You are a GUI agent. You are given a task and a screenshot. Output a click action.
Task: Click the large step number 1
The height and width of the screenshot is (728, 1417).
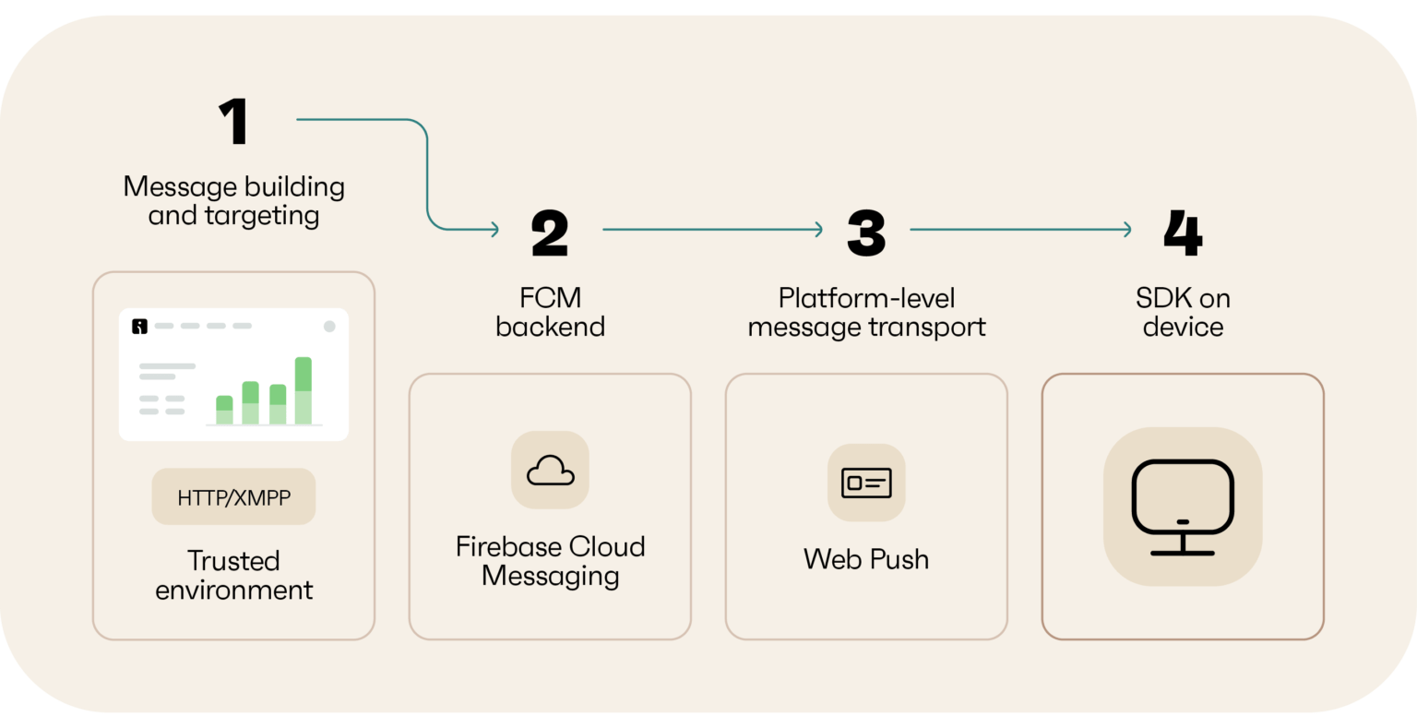pos(234,122)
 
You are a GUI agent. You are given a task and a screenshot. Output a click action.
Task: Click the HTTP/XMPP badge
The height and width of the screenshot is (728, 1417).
pos(233,497)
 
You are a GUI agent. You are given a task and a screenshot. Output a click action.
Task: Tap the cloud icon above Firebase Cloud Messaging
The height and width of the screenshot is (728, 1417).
pos(550,471)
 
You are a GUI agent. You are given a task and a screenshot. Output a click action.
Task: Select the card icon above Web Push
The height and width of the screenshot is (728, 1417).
pos(866,482)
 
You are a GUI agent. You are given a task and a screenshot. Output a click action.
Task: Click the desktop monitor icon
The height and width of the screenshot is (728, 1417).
pos(1183,507)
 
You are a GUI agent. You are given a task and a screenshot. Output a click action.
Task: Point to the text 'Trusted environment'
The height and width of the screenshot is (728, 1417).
pos(233,575)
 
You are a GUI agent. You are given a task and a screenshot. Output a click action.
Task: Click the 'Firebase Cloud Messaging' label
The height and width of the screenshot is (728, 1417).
pos(550,560)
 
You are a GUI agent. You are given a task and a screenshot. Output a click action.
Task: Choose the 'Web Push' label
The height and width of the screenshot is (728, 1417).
pos(866,559)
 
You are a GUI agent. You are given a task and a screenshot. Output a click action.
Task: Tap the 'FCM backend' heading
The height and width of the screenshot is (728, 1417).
pos(550,312)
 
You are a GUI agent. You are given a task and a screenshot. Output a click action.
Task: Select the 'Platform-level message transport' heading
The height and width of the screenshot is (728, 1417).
pos(866,312)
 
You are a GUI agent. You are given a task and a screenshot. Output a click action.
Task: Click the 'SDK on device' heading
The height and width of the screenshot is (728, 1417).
pos(1183,312)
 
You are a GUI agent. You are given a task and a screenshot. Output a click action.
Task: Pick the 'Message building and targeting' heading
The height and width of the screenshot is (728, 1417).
pos(233,200)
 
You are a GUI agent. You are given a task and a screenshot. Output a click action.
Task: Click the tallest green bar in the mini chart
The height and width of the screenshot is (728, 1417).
pos(303,390)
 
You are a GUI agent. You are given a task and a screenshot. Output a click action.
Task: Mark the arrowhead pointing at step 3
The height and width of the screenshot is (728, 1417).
pos(818,230)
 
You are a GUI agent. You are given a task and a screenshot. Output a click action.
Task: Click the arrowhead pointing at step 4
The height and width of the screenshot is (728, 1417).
pos(1126,230)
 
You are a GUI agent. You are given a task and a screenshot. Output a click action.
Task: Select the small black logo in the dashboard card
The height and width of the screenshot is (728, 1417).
pos(139,326)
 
